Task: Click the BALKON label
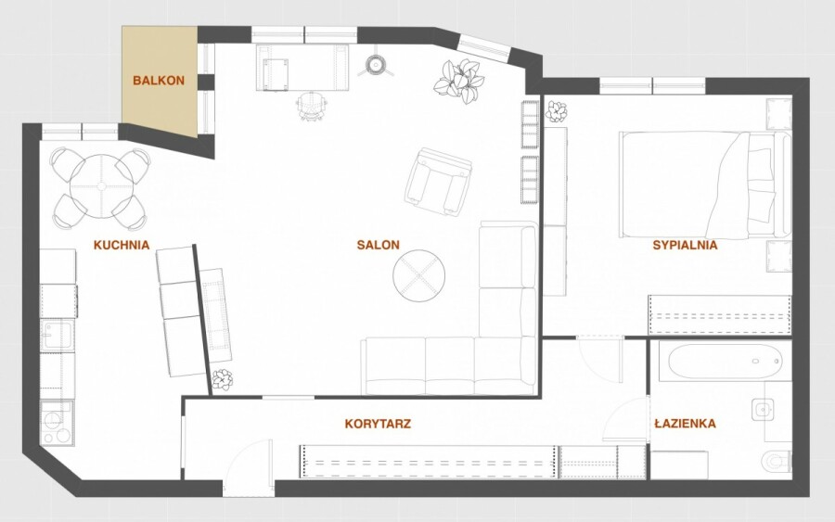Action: (159, 81)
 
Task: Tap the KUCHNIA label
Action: (122, 245)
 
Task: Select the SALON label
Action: (379, 245)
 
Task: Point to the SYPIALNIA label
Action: (685, 245)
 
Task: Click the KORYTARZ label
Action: (378, 424)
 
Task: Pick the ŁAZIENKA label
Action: (685, 424)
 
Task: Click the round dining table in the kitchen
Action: (100, 186)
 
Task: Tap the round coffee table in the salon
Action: (419, 276)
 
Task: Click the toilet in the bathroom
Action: (777, 461)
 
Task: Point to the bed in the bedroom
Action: (705, 185)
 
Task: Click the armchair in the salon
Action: (438, 182)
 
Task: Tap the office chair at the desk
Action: (311, 106)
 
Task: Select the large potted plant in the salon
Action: (459, 81)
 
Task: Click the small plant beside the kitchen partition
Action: (222, 379)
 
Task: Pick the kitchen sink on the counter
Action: (57, 336)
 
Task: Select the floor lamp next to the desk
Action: (376, 64)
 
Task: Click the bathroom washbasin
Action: (763, 410)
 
